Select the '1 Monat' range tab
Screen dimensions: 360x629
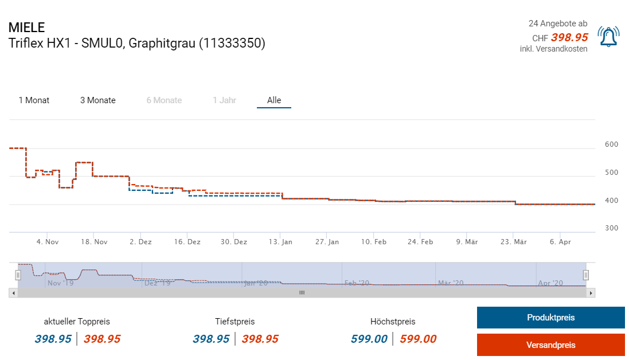click(x=34, y=100)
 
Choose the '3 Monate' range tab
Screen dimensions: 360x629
click(x=97, y=100)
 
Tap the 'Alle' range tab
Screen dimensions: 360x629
click(x=274, y=100)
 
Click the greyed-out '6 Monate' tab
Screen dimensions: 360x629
click(x=164, y=100)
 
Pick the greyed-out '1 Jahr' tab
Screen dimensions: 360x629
click(x=224, y=100)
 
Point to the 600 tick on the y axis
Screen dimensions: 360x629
click(x=611, y=144)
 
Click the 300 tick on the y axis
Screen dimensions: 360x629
click(x=611, y=228)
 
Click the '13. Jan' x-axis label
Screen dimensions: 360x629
click(x=280, y=242)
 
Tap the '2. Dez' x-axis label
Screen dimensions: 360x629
click(x=140, y=242)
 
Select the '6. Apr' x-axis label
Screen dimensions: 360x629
click(x=560, y=242)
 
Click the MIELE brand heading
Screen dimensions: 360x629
click(x=26, y=28)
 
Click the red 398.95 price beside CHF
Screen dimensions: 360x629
click(x=569, y=38)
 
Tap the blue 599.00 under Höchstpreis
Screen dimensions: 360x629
click(x=369, y=339)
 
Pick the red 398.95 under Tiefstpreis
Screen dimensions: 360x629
click(x=260, y=339)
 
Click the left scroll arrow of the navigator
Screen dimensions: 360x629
click(x=13, y=293)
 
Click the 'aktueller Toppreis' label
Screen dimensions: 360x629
click(x=77, y=322)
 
